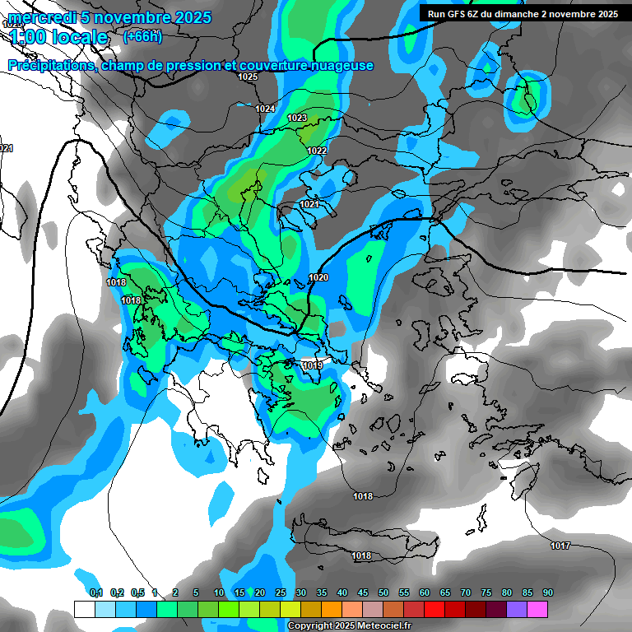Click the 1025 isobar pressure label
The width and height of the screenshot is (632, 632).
(248, 77)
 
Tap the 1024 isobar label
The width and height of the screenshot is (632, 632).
(265, 109)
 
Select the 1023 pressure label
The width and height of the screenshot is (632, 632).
(297, 118)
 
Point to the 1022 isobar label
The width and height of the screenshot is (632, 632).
(317, 151)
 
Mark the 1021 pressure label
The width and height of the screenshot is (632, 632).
(309, 204)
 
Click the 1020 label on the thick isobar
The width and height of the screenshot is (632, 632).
(318, 277)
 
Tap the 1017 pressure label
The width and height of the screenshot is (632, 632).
(560, 546)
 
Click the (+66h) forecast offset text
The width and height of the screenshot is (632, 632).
(142, 36)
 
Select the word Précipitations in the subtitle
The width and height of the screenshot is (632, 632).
(51, 66)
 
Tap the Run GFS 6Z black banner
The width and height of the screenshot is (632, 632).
(523, 14)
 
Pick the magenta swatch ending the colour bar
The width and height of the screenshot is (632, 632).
(537, 609)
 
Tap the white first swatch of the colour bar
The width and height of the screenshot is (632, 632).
(84, 609)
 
